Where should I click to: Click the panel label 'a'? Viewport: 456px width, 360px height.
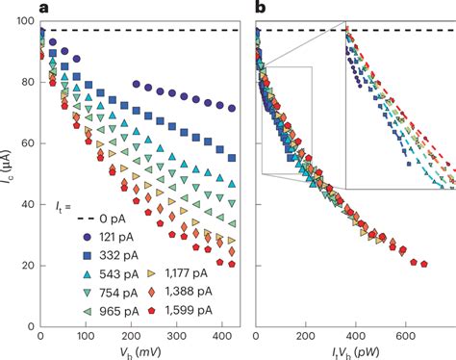42,9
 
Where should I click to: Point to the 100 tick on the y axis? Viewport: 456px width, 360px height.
23,21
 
